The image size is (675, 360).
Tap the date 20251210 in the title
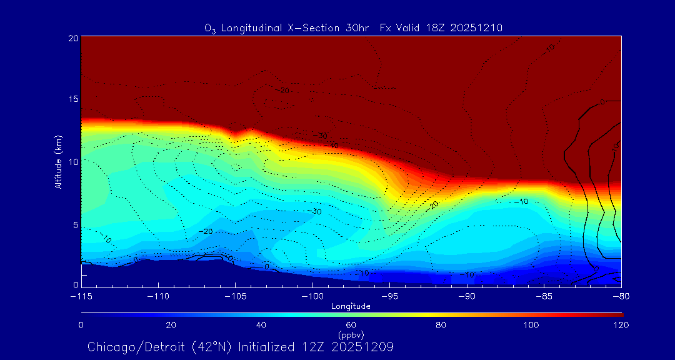click(x=477, y=27)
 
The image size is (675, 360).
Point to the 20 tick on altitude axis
click(x=72, y=38)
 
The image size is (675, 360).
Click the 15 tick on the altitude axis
click(x=72, y=99)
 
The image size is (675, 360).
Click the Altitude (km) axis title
click(x=59, y=162)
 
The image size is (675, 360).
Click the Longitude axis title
click(x=351, y=306)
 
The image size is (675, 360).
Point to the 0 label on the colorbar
click(x=81, y=325)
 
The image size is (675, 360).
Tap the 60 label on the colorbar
click(x=351, y=325)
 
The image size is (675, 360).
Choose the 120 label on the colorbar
click(x=621, y=325)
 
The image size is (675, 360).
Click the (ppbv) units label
click(x=351, y=334)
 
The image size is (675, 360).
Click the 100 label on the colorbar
click(x=531, y=325)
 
